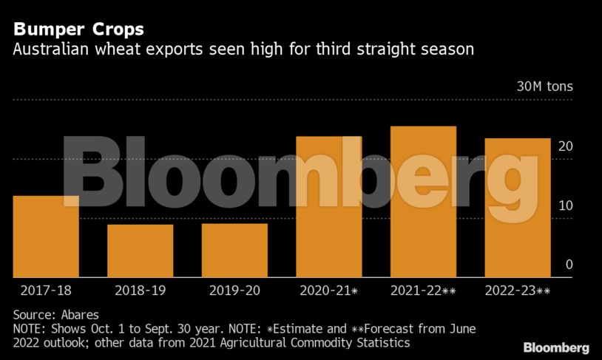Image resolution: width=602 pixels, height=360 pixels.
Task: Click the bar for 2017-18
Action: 46,237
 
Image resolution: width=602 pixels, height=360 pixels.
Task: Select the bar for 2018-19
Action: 140,251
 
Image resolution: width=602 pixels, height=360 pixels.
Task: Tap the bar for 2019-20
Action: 234,251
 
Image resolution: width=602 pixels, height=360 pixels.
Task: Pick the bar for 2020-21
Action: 329,207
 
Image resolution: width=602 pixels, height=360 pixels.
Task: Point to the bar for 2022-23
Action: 518,208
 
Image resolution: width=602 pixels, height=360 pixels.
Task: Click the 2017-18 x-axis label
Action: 46,291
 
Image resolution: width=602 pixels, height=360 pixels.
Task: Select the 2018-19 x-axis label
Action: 140,291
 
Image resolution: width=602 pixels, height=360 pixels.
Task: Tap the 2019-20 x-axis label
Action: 234,291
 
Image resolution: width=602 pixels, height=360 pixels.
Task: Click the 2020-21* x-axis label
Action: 329,291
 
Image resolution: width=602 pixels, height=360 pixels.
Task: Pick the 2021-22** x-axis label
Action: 423,291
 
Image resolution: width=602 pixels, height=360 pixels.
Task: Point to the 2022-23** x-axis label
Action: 518,291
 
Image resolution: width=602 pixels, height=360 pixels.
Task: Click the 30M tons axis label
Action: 544,86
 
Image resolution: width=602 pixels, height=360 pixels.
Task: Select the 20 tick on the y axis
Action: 565,146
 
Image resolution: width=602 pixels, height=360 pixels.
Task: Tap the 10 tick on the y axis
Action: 565,206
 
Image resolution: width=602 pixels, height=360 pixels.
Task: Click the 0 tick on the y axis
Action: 569,265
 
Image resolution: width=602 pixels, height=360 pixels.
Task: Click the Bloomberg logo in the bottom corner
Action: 556,347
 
